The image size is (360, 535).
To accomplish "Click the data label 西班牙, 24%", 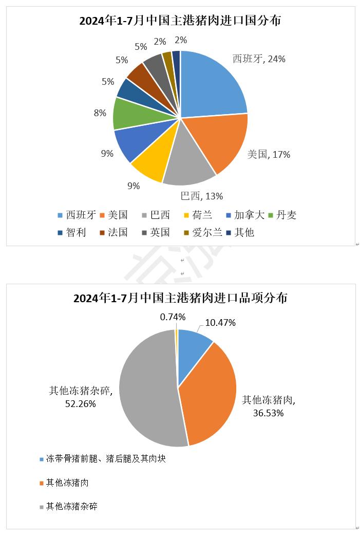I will (259, 59).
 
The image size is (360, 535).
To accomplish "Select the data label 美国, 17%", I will (269, 154).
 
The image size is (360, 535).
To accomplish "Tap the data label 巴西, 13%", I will (201, 196).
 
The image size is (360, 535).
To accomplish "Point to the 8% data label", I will (100, 113).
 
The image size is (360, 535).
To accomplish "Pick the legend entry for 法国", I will (114, 232).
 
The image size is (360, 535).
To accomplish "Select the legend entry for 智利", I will (72, 232).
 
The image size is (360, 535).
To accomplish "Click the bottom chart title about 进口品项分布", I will (180, 298).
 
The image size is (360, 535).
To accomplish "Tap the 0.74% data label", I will (173, 317).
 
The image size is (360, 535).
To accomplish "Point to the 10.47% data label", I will (220, 323).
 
